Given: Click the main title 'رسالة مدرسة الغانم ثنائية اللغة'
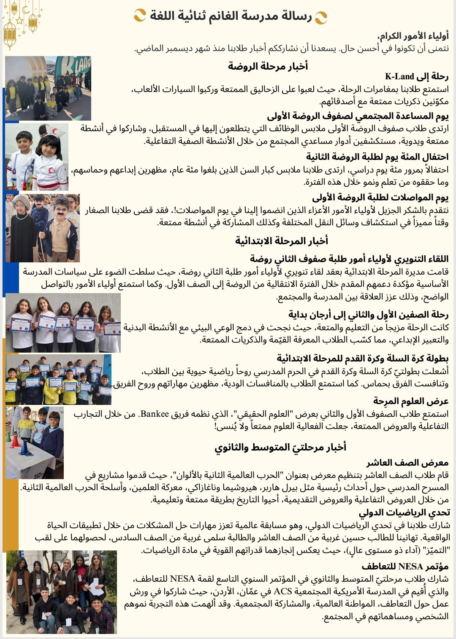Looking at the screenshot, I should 231,16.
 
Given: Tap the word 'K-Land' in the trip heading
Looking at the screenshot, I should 399,76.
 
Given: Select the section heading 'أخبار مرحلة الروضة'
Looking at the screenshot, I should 268,66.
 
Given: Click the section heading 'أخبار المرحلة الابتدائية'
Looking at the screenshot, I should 282,240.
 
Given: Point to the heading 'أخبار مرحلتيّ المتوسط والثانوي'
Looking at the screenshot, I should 280,447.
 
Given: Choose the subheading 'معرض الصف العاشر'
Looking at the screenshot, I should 407,463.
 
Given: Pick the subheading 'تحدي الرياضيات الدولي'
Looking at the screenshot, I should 404,512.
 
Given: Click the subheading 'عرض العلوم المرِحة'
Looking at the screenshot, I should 410,401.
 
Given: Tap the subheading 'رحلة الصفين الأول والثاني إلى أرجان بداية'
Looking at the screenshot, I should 368,314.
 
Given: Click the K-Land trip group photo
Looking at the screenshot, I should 48,89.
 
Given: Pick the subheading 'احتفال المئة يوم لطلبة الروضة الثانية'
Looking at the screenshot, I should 377,157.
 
